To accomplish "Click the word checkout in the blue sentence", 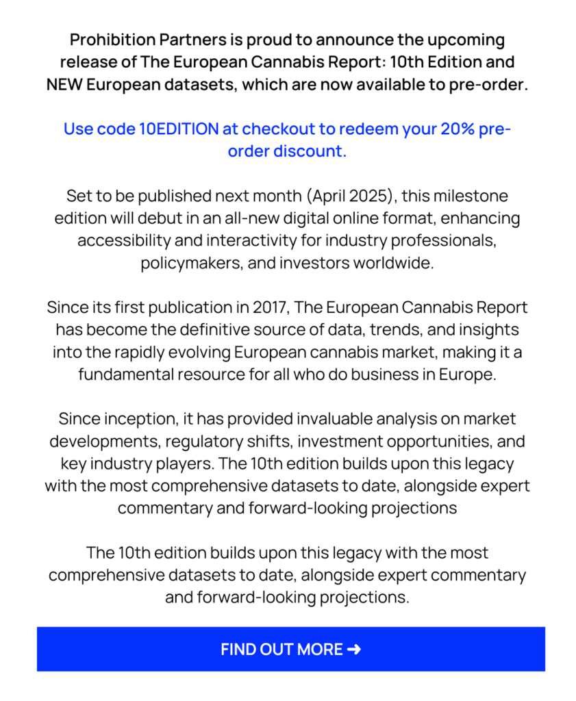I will [x=273, y=129].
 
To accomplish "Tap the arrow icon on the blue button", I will [x=354, y=649].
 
